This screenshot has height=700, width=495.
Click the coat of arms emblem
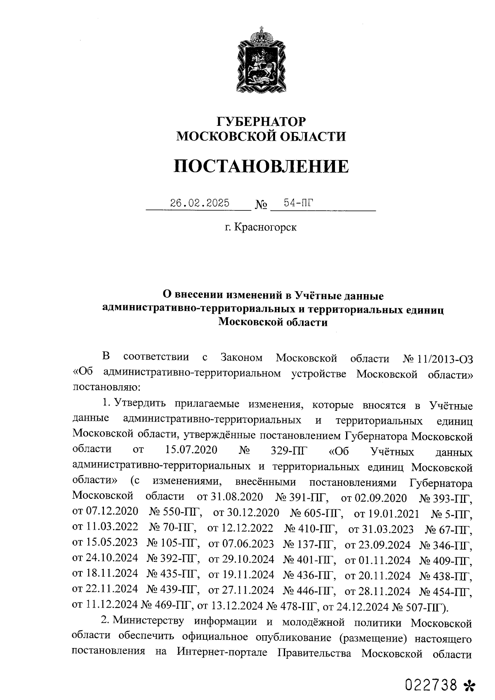260,60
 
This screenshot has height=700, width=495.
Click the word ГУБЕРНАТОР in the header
262,122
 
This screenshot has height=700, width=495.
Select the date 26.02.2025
200,203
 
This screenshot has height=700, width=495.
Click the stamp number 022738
431,685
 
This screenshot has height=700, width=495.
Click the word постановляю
107,388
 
